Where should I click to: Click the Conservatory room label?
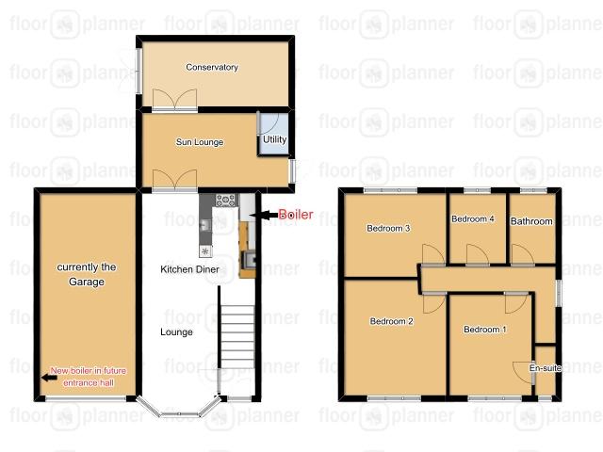click(212, 67)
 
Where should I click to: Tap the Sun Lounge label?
click(199, 142)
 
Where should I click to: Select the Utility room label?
click(275, 139)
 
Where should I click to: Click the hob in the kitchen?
click(226, 200)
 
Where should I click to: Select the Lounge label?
click(177, 331)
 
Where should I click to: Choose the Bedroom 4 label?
click(472, 218)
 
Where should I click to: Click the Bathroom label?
click(531, 222)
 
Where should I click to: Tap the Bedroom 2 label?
click(392, 321)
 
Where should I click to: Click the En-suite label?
click(545, 368)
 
